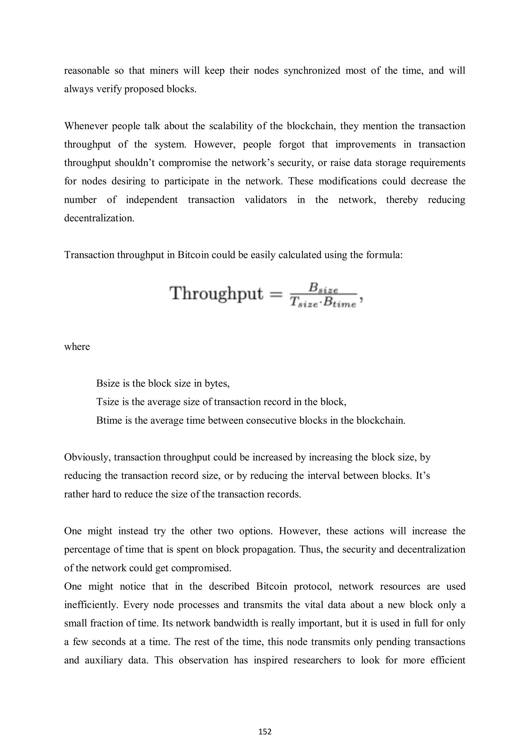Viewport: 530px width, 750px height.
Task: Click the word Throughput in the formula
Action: pyautogui.click(x=216, y=293)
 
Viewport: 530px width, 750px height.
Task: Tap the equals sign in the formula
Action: pyautogui.click(x=276, y=295)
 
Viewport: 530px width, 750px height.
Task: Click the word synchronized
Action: pyautogui.click(x=312, y=71)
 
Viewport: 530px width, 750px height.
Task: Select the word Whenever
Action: pyautogui.click(x=86, y=126)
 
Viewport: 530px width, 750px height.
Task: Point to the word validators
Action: pyautogui.click(x=266, y=200)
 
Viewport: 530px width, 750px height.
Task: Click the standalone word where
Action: pyautogui.click(x=77, y=347)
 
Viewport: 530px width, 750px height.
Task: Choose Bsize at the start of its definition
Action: pyautogui.click(x=108, y=383)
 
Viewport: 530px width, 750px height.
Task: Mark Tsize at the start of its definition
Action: pyautogui.click(x=107, y=402)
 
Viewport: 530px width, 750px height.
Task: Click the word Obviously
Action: pyautogui.click(x=87, y=457)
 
